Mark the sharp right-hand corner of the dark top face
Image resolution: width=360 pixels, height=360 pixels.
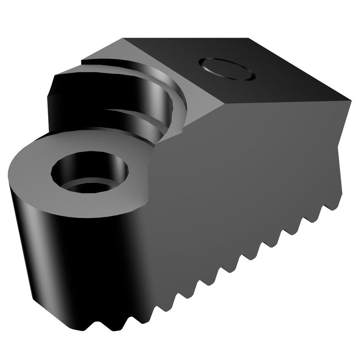tap(350, 100)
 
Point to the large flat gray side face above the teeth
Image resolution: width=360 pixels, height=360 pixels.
tap(244, 177)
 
